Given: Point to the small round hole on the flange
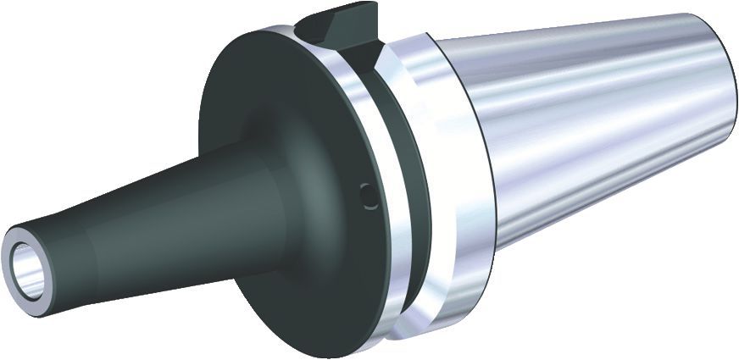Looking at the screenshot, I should click(x=365, y=196).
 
